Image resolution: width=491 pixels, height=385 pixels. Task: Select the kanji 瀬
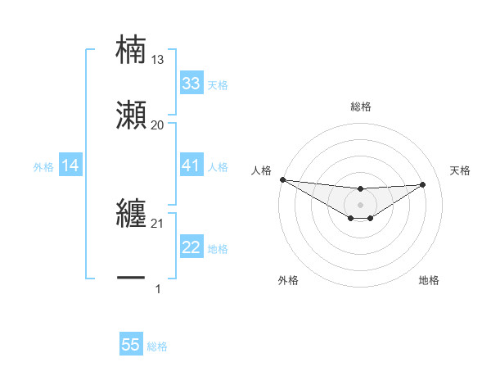tap(131, 116)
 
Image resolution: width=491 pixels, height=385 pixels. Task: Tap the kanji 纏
tap(131, 215)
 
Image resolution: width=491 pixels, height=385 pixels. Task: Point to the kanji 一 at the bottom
tap(131, 279)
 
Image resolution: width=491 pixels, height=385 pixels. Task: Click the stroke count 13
tap(158, 59)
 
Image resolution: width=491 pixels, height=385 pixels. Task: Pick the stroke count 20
tap(158, 125)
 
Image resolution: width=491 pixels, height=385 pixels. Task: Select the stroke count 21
tap(158, 224)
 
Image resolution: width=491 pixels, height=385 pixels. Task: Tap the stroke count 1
tap(158, 289)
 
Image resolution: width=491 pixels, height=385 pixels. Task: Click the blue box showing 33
tap(191, 84)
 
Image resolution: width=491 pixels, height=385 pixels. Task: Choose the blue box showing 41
tap(191, 166)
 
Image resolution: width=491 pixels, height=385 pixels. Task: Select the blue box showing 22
tap(191, 248)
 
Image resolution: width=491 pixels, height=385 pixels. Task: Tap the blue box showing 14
tap(70, 166)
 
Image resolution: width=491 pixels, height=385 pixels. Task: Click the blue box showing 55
tap(131, 346)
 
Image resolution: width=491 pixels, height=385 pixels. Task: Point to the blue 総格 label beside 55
tap(157, 346)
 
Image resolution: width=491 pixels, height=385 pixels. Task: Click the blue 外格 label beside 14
tap(43, 167)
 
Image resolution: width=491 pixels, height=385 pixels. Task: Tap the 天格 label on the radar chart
tap(461, 170)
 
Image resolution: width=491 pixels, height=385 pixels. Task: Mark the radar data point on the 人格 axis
tap(282, 179)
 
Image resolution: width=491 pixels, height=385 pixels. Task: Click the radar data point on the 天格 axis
tap(423, 183)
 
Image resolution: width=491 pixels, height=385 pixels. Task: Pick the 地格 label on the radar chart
tap(429, 280)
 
